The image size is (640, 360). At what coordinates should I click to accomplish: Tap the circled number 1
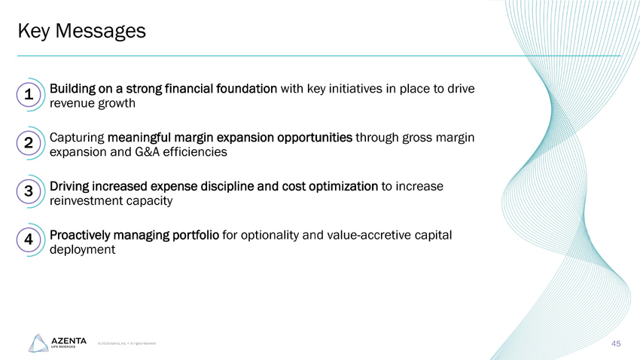pyautogui.click(x=27, y=95)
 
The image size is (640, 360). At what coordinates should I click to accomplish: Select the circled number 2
pyautogui.click(x=27, y=143)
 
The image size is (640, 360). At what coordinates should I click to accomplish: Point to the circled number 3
pyautogui.click(x=27, y=191)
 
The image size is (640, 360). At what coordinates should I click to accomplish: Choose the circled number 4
pyautogui.click(x=27, y=239)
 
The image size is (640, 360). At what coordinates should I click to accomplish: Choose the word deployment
pyautogui.click(x=82, y=249)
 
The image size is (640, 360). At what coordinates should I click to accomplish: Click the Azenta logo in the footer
pyautogui.click(x=57, y=343)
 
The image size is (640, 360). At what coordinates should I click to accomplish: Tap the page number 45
pyautogui.click(x=615, y=343)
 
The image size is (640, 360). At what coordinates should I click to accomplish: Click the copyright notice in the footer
pyautogui.click(x=126, y=343)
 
